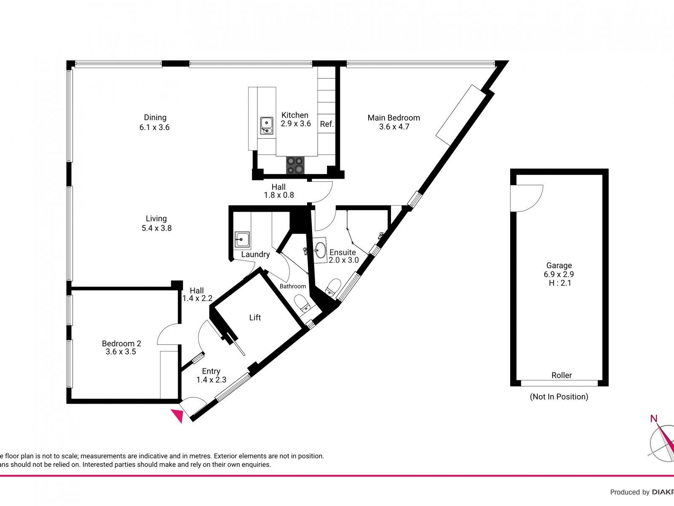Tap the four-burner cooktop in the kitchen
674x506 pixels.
pos(294,165)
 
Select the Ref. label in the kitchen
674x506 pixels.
pos(327,124)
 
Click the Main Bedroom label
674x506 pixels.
pos(393,118)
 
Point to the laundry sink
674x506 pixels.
pos(242,240)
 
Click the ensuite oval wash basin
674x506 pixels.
pos(320,250)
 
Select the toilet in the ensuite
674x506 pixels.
pos(333,287)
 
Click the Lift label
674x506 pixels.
pos(255,318)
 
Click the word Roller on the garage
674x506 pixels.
pos(562,375)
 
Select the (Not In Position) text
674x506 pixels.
pos(559,396)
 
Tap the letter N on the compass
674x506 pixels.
pos(654,419)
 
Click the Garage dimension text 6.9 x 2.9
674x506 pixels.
pos(559,274)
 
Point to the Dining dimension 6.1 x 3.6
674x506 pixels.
pos(155,127)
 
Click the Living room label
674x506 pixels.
pos(156,218)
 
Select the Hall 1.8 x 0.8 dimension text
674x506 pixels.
pos(278,195)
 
